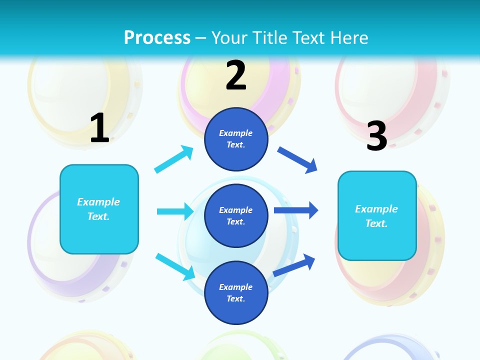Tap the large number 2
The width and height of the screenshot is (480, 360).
[x=236, y=75]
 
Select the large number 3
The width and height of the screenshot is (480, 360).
[x=376, y=136]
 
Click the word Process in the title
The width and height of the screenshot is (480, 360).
[x=157, y=37]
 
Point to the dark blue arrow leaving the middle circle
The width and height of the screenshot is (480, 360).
[x=296, y=210]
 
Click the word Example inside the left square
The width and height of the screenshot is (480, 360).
[x=98, y=202]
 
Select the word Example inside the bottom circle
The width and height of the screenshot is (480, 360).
[x=236, y=287]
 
